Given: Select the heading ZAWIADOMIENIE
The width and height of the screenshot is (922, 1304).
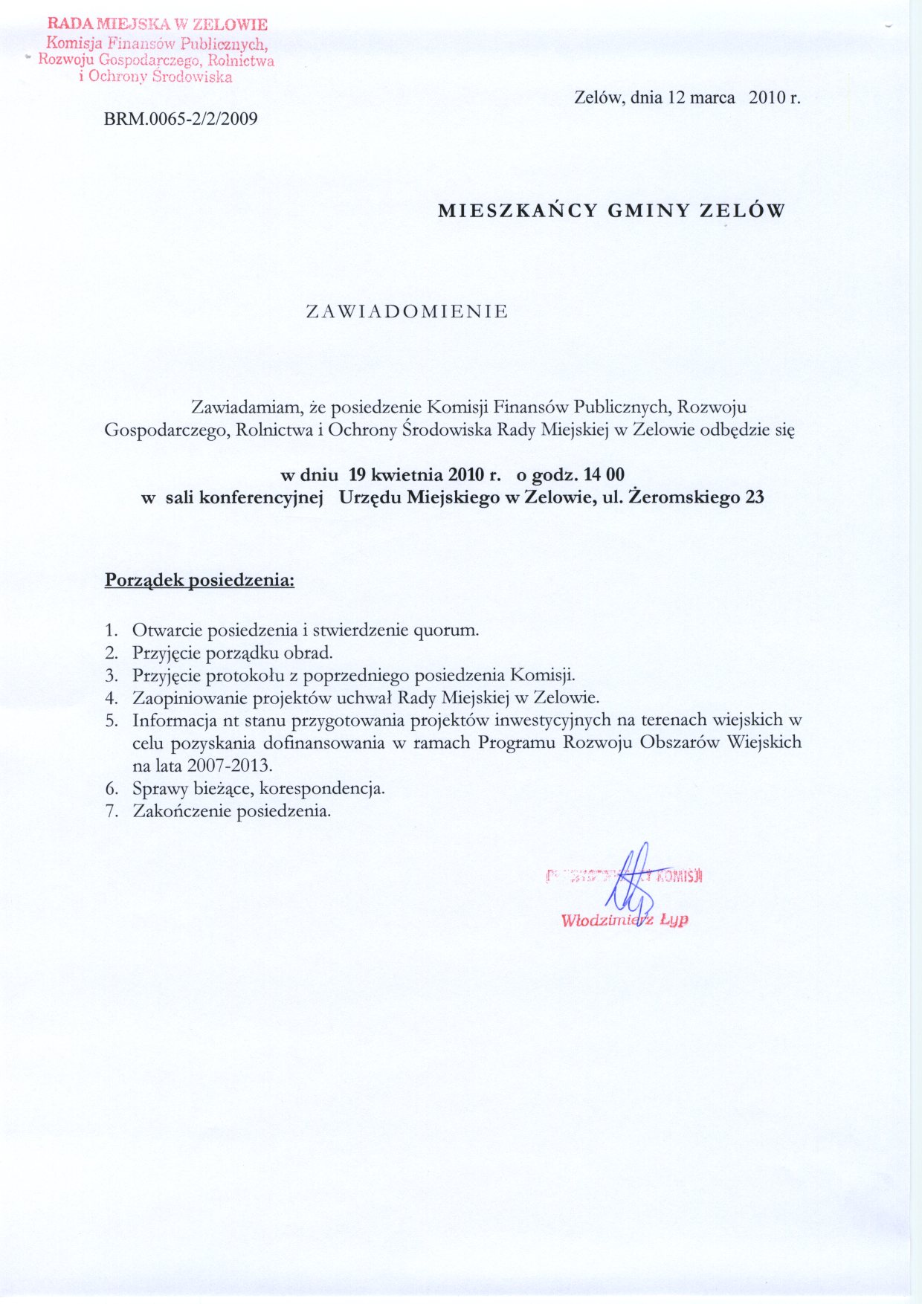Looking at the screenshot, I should [x=407, y=312].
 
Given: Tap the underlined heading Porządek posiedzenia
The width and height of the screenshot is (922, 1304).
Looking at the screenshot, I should [x=199, y=580].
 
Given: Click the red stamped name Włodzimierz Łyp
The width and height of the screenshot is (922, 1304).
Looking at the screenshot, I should [x=625, y=920].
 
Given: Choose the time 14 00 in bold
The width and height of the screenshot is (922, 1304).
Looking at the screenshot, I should [x=605, y=474].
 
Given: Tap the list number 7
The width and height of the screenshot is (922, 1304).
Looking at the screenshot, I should [x=112, y=810].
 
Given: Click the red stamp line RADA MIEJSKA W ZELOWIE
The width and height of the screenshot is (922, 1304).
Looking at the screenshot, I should [x=157, y=25].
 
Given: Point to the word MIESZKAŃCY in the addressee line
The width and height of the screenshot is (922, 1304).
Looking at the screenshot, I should [x=518, y=211].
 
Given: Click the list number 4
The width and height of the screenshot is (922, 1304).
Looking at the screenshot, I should [x=112, y=698].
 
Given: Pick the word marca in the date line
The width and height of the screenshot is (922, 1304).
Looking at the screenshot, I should [x=712, y=97].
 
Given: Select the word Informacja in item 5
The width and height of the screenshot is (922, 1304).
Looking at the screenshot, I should [x=174, y=720].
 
